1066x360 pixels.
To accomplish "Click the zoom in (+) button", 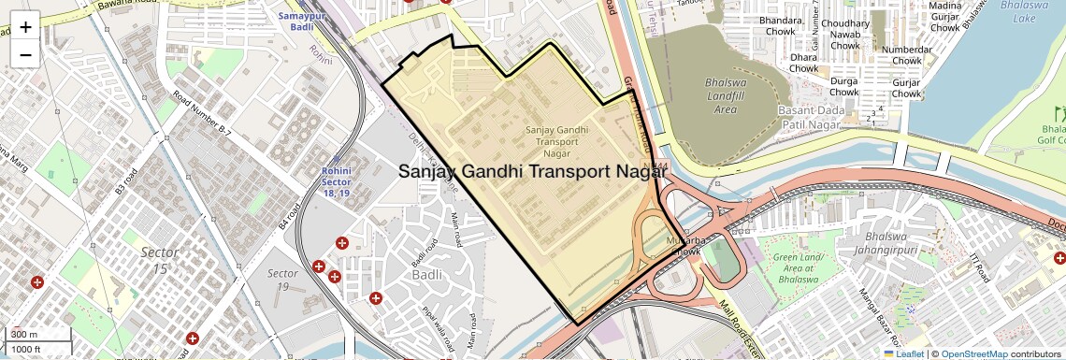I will [25, 27].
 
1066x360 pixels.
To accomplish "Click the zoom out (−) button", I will [25, 54].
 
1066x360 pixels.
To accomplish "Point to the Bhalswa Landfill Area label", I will [725, 96].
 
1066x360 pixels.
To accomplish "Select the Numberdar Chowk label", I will [906, 55].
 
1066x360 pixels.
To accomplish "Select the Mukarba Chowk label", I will [683, 246].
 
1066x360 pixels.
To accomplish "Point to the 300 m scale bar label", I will [24, 334].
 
